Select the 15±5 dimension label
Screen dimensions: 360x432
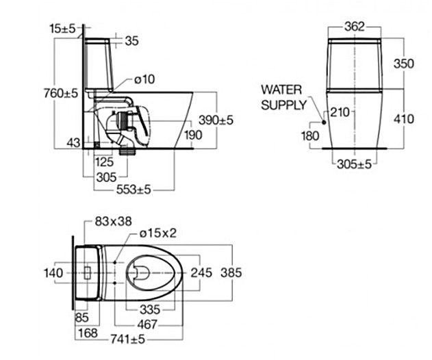62,28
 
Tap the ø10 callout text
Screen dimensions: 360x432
143,79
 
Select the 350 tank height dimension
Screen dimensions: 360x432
404,64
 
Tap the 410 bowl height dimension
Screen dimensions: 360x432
404,119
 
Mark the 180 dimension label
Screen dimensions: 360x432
310,136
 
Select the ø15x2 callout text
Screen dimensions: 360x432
158,233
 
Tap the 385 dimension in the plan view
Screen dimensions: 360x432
231,272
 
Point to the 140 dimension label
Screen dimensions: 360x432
53,272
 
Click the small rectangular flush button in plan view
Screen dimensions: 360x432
86,272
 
